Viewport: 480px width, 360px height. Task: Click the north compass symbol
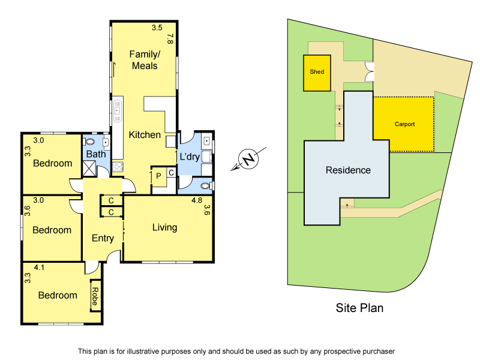click(248, 160)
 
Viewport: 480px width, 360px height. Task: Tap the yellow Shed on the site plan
click(317, 73)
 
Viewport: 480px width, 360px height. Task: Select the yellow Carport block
click(404, 124)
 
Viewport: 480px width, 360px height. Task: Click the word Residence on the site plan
click(348, 170)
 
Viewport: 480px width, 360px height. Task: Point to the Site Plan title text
click(359, 308)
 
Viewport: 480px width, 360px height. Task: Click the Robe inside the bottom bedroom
click(95, 295)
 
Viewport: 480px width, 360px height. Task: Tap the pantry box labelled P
click(158, 176)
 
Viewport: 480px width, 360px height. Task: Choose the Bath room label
click(96, 154)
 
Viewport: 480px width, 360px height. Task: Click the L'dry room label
click(190, 157)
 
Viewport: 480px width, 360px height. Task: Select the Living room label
click(164, 227)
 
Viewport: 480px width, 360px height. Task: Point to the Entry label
click(103, 238)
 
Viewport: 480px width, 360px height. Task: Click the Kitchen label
click(145, 135)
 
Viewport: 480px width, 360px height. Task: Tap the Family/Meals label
click(144, 60)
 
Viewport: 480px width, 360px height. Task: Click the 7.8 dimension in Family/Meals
click(170, 39)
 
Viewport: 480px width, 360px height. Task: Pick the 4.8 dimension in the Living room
click(196, 200)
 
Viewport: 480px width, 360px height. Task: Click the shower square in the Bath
click(89, 168)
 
